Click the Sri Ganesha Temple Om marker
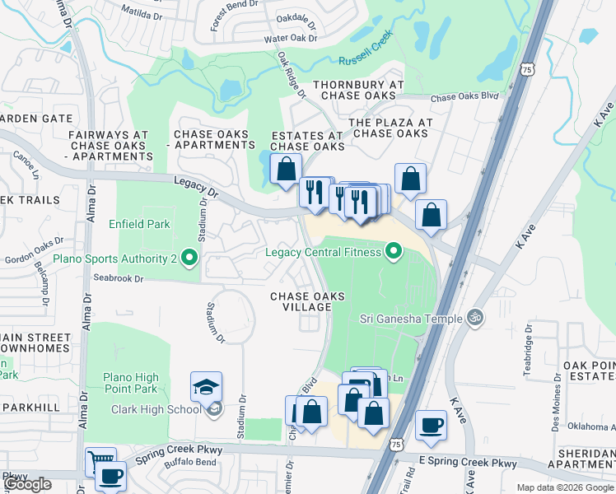[x=474, y=316]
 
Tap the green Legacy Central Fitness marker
[x=394, y=252]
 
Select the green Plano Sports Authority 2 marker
[x=189, y=259]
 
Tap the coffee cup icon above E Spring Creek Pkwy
[x=431, y=426]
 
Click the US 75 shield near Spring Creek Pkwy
[x=397, y=445]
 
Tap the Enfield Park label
[x=139, y=224]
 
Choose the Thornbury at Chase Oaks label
[x=357, y=91]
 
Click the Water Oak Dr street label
[x=290, y=39]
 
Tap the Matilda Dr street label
[x=143, y=13]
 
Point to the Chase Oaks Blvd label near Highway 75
[x=465, y=96]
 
